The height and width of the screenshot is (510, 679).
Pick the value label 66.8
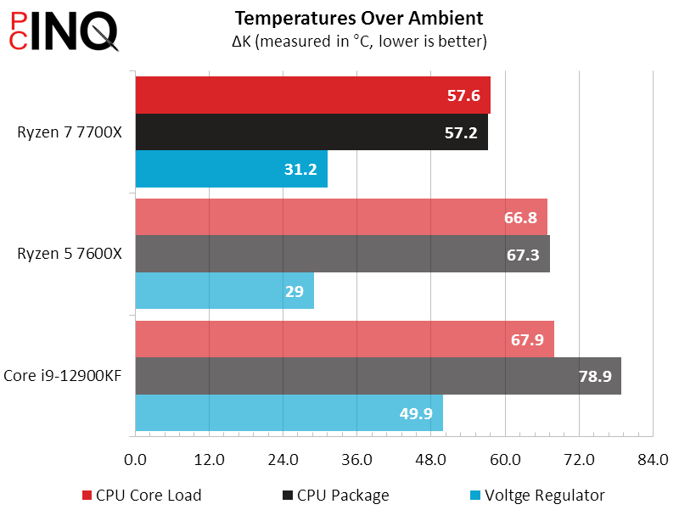[x=519, y=217]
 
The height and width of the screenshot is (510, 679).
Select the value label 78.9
[x=595, y=376]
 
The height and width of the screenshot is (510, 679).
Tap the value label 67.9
[x=527, y=339]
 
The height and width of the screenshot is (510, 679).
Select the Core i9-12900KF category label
[x=62, y=375]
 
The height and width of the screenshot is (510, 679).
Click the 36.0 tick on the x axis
[x=356, y=460]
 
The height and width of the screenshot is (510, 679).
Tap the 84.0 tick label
[x=652, y=460]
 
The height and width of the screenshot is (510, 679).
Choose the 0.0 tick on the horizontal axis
[x=136, y=460]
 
